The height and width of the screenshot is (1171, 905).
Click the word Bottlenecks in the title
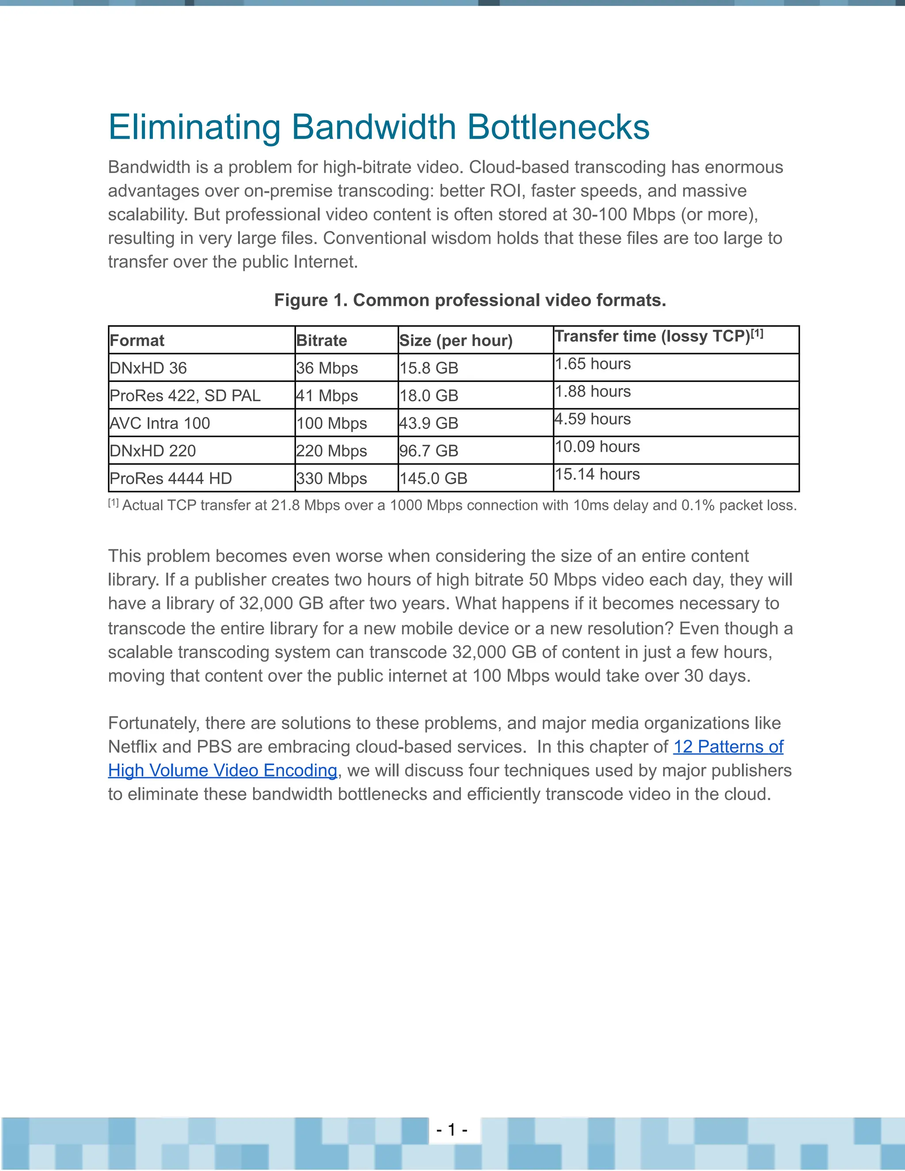(558, 128)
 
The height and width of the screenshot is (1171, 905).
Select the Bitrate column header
(321, 340)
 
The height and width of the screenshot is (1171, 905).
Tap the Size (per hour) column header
(456, 340)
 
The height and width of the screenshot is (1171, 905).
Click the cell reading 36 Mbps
(327, 369)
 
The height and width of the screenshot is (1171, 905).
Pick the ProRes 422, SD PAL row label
(185, 395)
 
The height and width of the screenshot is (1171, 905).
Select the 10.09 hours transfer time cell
(597, 447)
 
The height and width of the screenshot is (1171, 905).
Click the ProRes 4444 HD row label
(171, 478)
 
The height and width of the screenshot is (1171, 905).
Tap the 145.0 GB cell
(433, 478)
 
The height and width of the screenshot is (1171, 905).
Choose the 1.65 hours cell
(593, 364)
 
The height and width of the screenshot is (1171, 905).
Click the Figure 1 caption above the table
(470, 300)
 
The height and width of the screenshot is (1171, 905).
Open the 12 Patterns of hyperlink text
(728, 747)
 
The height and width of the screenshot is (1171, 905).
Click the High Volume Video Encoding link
(223, 771)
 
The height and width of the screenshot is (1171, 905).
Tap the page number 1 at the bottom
(452, 1130)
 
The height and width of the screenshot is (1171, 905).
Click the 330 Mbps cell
(331, 478)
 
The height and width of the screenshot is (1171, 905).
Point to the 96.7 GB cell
(428, 451)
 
